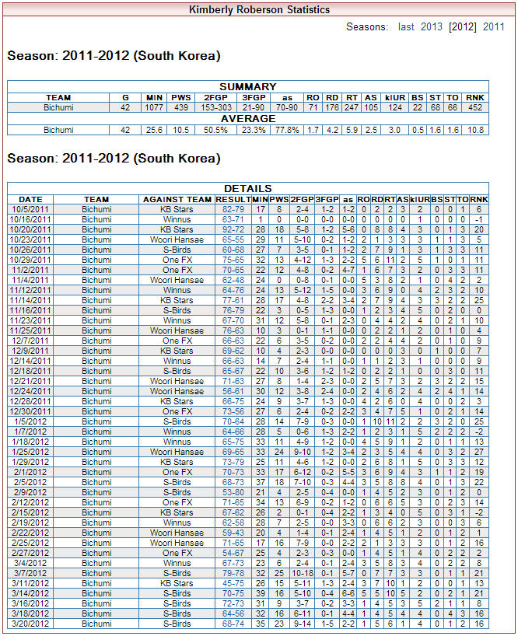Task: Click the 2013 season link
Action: (x=432, y=26)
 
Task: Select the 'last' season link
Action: (x=406, y=26)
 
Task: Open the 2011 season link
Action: (x=494, y=26)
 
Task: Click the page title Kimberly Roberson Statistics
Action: (x=260, y=9)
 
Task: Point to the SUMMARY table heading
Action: (x=247, y=86)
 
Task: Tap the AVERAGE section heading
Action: (x=247, y=118)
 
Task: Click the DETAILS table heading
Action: (x=247, y=188)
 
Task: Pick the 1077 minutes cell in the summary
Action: (x=154, y=107)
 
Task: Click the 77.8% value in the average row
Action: (x=287, y=130)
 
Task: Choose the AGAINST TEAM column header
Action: (x=177, y=199)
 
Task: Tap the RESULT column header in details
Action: (x=233, y=199)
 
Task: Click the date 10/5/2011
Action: (x=30, y=209)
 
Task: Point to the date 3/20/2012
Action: (x=30, y=624)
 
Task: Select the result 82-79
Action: (x=233, y=209)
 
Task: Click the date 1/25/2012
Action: (x=30, y=452)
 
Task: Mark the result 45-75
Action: (x=233, y=583)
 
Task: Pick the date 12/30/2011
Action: (x=30, y=411)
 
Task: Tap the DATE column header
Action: (x=30, y=199)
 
